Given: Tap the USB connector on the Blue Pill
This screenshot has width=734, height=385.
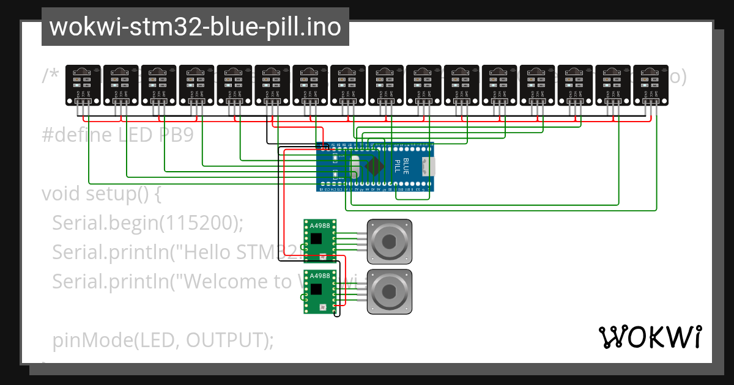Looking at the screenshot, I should click(x=432, y=166).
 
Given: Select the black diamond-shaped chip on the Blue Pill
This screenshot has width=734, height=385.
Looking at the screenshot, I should click(x=374, y=167).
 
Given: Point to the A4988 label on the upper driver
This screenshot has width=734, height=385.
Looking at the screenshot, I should click(x=319, y=226).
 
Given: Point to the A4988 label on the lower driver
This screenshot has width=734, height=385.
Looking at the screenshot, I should click(x=319, y=276).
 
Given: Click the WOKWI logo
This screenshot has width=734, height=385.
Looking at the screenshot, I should click(x=650, y=337).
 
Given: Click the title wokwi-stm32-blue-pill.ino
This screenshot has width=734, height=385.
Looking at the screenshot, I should click(x=195, y=28).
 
